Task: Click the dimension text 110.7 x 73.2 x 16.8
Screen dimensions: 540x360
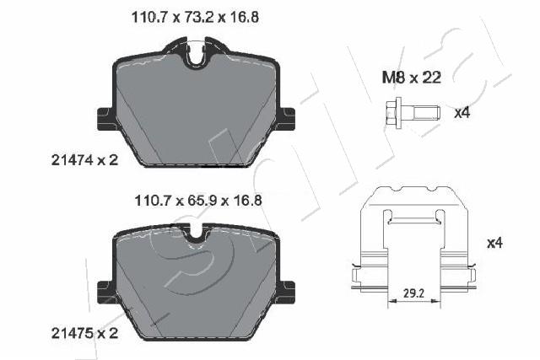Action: pyautogui.click(x=195, y=17)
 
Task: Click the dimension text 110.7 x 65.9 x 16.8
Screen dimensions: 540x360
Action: pyautogui.click(x=198, y=201)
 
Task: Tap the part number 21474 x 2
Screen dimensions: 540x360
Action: pyautogui.click(x=84, y=159)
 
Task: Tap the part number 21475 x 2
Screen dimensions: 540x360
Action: pyautogui.click(x=84, y=333)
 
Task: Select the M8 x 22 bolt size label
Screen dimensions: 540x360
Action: pyautogui.click(x=412, y=78)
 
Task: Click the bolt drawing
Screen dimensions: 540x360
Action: pyautogui.click(x=413, y=113)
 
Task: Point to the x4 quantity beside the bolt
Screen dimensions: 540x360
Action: pyautogui.click(x=462, y=112)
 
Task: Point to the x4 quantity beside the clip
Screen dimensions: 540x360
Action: pyautogui.click(x=494, y=243)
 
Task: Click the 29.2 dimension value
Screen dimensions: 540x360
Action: pyautogui.click(x=413, y=293)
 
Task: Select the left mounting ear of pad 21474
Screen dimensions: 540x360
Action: pyautogui.click(x=105, y=119)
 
